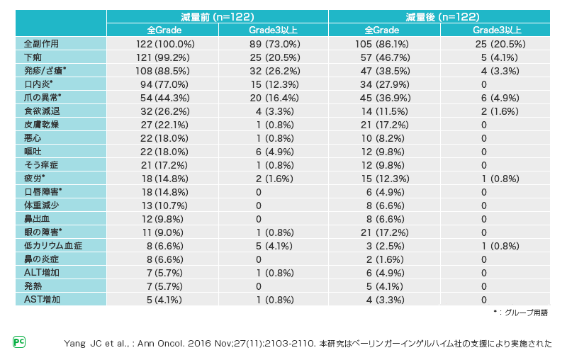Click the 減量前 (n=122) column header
(x=218, y=16)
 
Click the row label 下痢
(x=33, y=57)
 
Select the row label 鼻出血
(x=37, y=218)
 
